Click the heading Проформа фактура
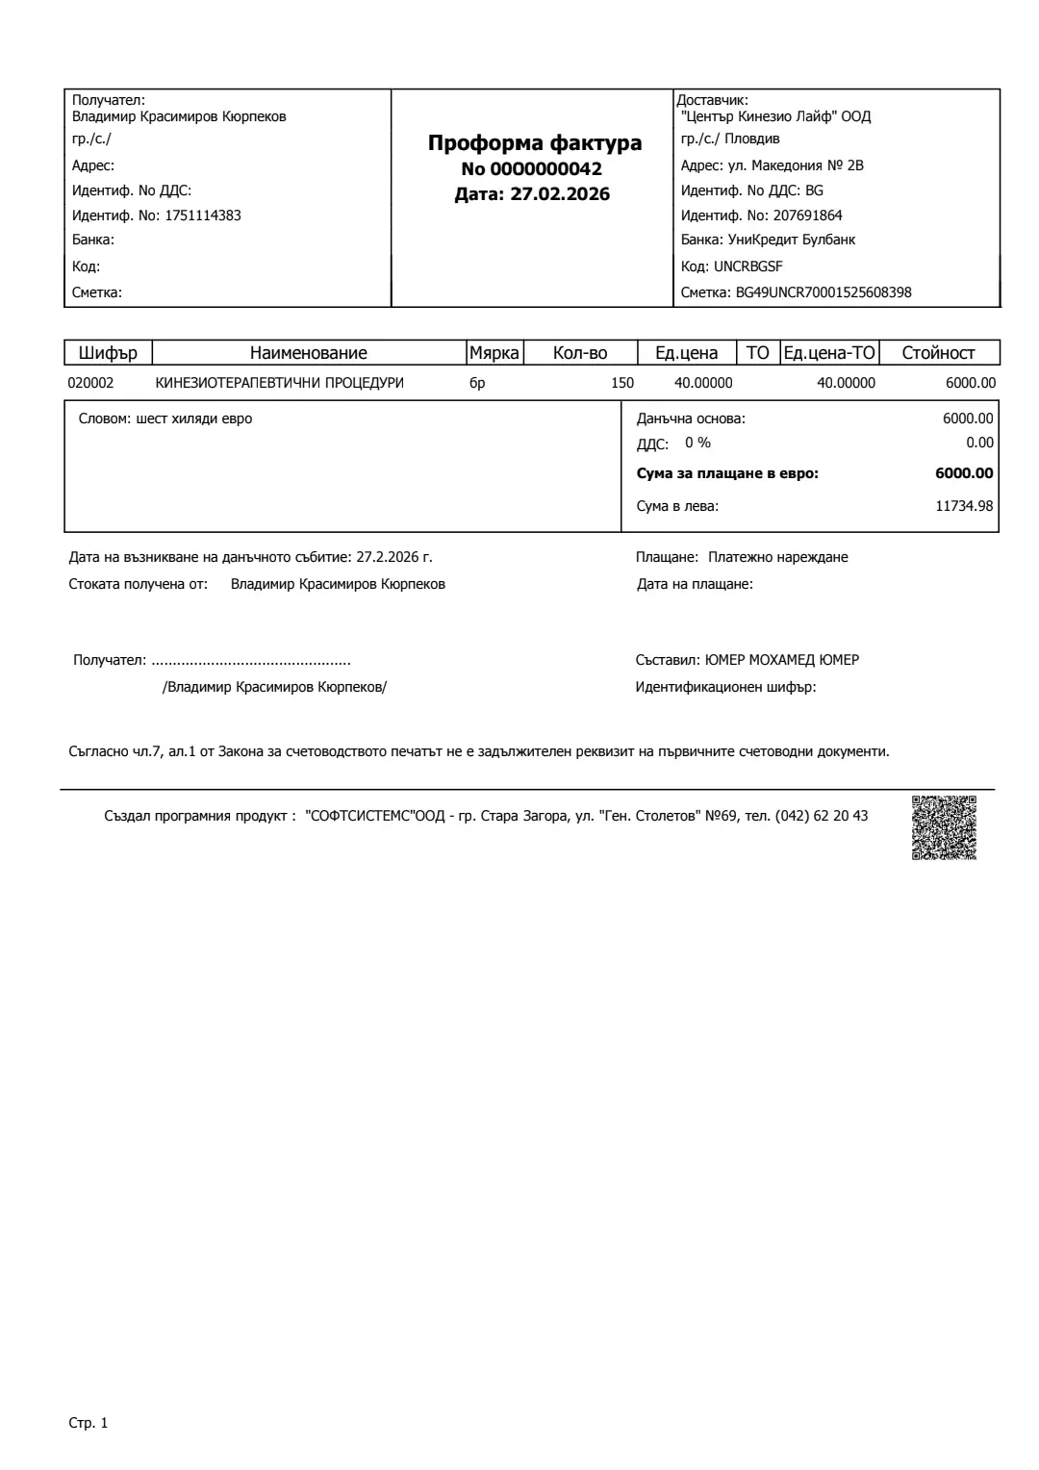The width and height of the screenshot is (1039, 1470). (x=534, y=143)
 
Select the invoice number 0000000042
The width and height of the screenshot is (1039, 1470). (x=545, y=169)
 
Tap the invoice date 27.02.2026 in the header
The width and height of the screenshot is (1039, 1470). (x=559, y=194)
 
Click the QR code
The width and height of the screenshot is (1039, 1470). (x=944, y=827)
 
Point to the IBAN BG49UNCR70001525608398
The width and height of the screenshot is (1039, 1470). (x=824, y=292)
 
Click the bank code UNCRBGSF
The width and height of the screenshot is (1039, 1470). (x=748, y=266)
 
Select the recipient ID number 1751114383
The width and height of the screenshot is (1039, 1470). (x=203, y=215)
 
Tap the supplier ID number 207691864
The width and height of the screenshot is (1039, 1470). (x=807, y=215)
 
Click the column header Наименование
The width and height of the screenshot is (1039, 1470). (x=308, y=353)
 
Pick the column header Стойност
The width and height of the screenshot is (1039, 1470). (x=938, y=353)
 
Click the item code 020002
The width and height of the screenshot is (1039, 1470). (x=90, y=383)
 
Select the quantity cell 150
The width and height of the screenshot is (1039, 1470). (x=622, y=383)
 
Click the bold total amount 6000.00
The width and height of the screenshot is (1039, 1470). (x=964, y=473)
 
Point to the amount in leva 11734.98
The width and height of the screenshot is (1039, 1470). (x=964, y=506)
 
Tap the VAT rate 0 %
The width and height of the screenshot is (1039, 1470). (x=697, y=443)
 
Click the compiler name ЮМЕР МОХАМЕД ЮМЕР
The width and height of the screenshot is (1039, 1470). (x=781, y=660)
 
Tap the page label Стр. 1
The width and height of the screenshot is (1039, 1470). (x=89, y=1423)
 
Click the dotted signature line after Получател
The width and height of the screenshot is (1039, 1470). (x=251, y=661)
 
